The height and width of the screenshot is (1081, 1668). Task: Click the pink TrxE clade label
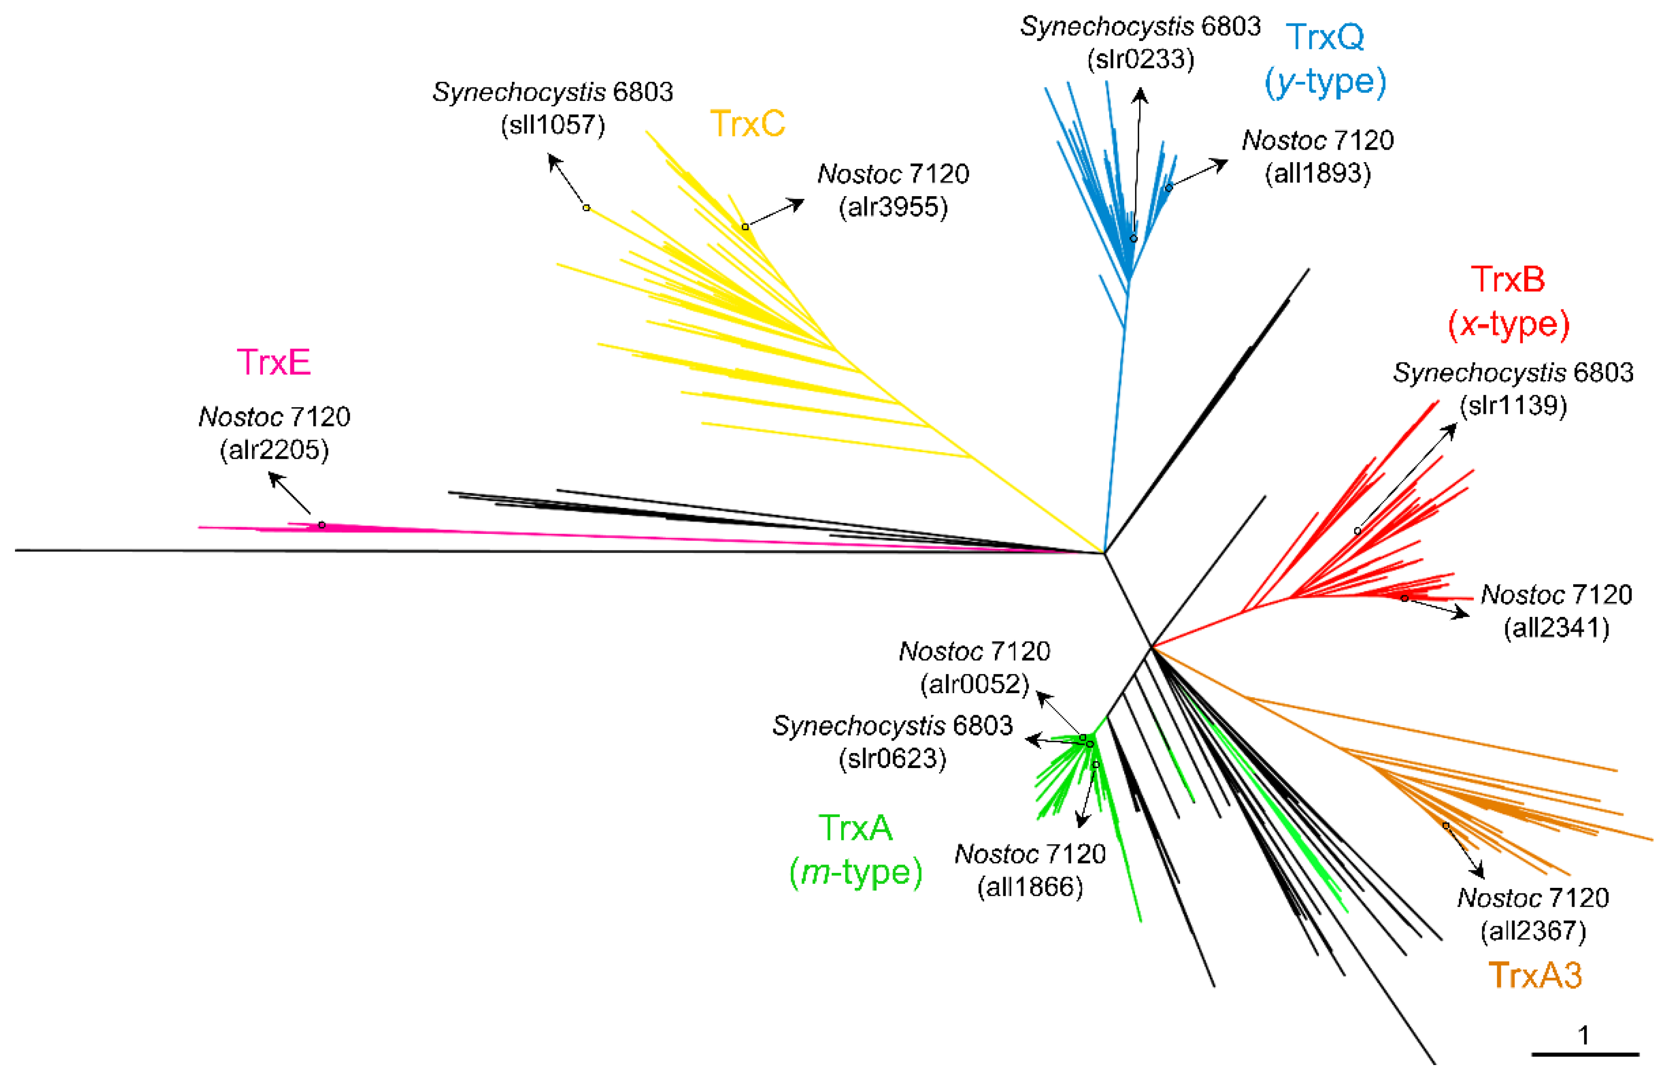click(x=273, y=362)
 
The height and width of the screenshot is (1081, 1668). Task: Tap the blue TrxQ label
click(x=1325, y=36)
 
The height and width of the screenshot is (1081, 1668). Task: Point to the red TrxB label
click(x=1507, y=279)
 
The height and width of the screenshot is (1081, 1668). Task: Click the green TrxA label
click(x=855, y=828)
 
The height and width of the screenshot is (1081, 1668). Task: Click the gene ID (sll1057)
click(x=552, y=125)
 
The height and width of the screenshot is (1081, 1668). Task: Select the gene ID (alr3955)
click(x=893, y=207)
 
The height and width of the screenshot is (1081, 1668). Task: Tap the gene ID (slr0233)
click(x=1140, y=59)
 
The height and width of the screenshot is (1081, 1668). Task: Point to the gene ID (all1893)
click(x=1318, y=173)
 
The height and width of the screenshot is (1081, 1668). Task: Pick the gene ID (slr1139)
click(x=1513, y=405)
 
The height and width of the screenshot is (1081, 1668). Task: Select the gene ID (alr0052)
click(x=974, y=684)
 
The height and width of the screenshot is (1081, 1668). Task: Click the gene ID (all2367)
click(x=1533, y=931)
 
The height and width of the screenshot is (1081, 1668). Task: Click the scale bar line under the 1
click(x=1585, y=1054)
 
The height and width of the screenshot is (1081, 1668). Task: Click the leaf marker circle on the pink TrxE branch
click(x=322, y=525)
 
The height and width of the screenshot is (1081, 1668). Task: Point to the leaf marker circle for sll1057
click(x=587, y=208)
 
